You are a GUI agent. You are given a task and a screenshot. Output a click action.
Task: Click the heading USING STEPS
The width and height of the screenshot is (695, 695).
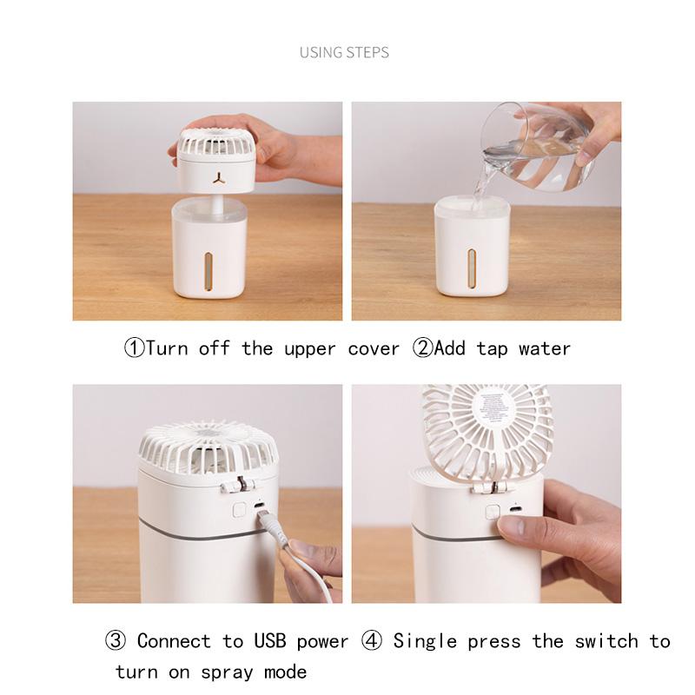344,52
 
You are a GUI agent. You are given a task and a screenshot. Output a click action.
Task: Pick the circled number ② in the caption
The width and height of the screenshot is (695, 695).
421,349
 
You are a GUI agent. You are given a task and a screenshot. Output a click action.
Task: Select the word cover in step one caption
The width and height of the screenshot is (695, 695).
374,349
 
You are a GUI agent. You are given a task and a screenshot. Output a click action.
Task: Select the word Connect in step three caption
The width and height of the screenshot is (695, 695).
173,642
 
